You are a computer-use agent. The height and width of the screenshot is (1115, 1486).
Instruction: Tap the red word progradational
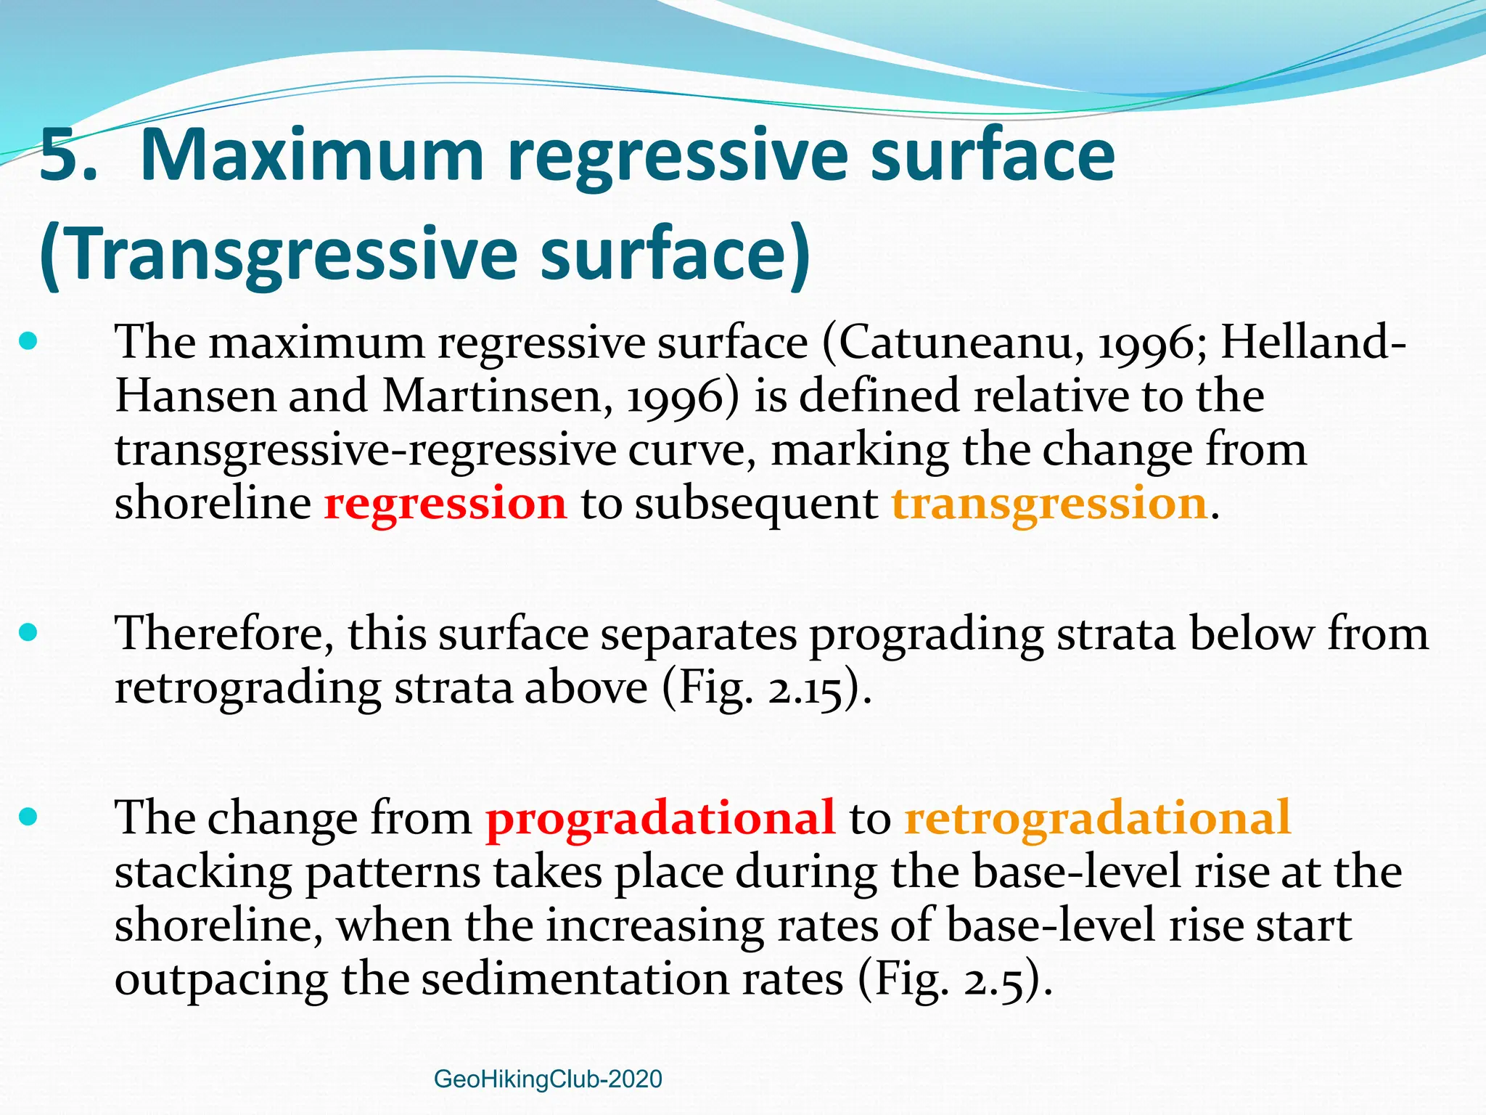660,817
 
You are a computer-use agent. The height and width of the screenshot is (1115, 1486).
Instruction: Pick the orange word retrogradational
1098,817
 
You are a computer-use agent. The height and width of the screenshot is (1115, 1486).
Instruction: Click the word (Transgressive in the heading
279,254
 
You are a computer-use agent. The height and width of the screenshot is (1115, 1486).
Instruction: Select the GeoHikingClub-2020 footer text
548,1079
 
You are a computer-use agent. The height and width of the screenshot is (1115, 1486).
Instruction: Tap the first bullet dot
28,340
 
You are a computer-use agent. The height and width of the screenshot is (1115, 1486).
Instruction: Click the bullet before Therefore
28,632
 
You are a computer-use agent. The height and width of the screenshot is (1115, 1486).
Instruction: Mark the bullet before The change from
28,817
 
